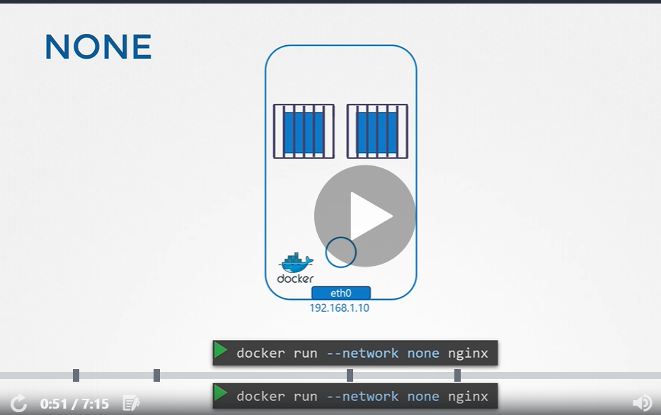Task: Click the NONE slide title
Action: [x=98, y=47]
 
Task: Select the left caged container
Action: [x=304, y=131]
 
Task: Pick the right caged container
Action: [x=377, y=131]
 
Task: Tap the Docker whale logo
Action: [x=296, y=262]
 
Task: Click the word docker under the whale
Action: [x=296, y=279]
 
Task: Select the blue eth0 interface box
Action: [x=341, y=293]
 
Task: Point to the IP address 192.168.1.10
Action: [x=340, y=308]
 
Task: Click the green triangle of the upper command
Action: [x=221, y=351]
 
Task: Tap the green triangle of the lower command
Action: [x=221, y=394]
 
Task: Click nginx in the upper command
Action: [x=468, y=353]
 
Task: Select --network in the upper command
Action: [x=362, y=353]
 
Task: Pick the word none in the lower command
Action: [x=423, y=397]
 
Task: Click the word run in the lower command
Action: [x=305, y=397]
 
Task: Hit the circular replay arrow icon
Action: [x=18, y=404]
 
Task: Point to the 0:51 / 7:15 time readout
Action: [x=74, y=404]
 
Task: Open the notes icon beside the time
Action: [x=131, y=403]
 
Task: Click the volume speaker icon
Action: [x=643, y=403]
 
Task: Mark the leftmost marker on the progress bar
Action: [x=76, y=375]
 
